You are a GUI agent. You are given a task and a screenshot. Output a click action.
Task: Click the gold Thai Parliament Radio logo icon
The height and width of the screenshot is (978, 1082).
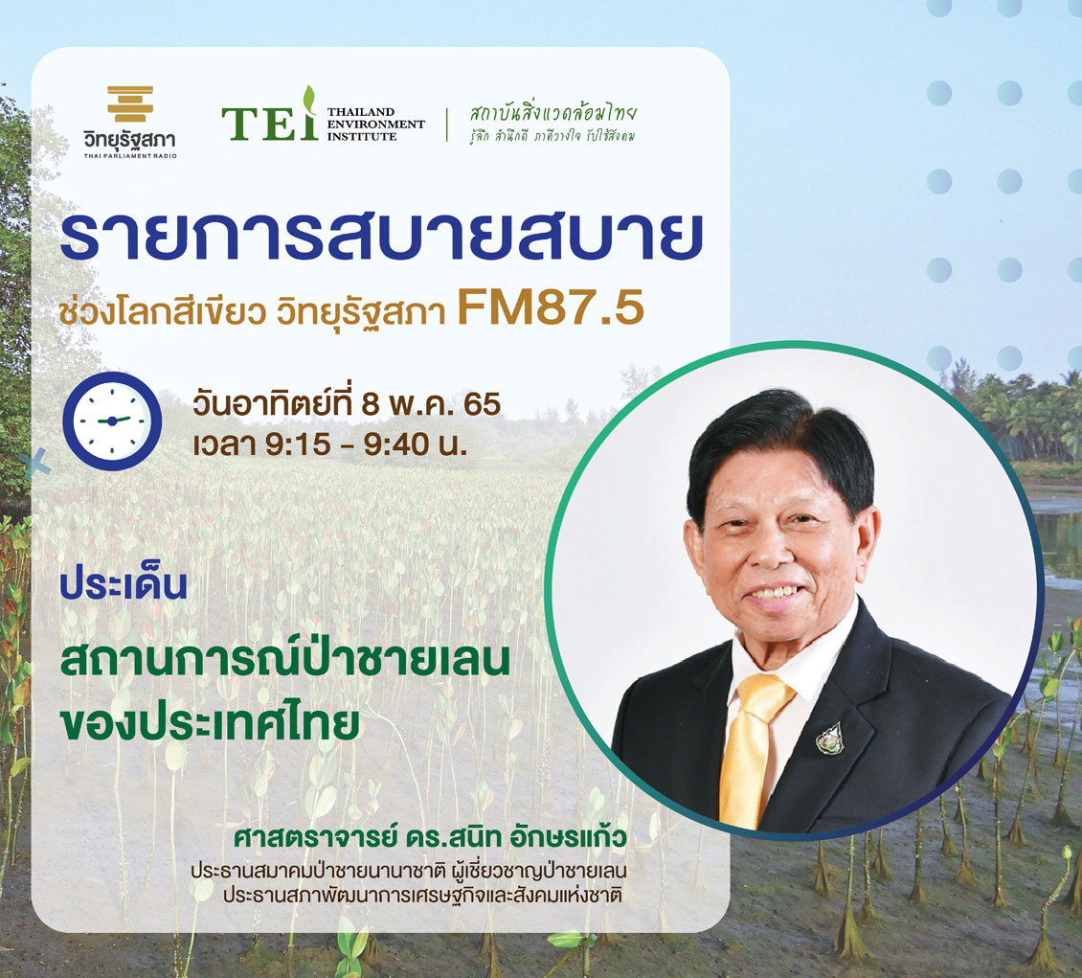[130, 103]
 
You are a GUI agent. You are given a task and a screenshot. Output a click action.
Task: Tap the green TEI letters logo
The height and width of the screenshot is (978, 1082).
[270, 115]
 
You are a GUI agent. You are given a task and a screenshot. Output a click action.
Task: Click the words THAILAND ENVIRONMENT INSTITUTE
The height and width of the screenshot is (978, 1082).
[375, 125]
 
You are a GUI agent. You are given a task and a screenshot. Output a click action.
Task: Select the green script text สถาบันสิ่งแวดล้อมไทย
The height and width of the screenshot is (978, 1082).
[552, 113]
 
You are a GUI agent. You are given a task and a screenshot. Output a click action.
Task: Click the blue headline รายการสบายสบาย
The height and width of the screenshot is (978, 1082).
[382, 236]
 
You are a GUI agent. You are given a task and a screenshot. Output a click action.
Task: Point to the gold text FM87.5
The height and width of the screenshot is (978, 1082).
[550, 307]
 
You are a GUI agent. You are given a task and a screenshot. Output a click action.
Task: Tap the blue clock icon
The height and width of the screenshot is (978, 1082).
[112, 421]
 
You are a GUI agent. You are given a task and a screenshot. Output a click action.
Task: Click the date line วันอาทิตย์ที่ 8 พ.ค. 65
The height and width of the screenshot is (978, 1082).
[347, 404]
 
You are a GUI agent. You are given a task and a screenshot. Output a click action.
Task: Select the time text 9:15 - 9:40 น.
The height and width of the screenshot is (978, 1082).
[367, 444]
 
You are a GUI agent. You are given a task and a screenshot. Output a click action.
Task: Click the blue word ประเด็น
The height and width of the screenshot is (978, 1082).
[124, 584]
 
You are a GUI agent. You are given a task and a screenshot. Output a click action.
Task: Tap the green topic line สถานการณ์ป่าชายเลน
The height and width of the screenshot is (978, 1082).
[285, 660]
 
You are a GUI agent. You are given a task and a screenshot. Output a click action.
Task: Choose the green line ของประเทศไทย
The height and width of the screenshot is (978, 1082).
[210, 722]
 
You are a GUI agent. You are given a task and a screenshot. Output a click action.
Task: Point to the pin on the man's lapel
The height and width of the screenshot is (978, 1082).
[831, 739]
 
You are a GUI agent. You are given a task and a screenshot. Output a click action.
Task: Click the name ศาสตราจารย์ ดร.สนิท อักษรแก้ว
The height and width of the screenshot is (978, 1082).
[430, 837]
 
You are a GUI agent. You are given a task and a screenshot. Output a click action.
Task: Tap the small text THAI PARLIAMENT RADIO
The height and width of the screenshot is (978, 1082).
[130, 156]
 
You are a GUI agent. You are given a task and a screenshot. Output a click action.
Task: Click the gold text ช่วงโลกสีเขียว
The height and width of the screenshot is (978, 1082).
[163, 312]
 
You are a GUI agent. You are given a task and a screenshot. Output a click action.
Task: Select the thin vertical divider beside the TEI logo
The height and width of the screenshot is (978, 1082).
[447, 125]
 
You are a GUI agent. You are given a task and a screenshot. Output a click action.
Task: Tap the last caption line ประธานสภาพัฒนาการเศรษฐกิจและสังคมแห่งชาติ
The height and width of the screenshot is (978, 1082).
[423, 896]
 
